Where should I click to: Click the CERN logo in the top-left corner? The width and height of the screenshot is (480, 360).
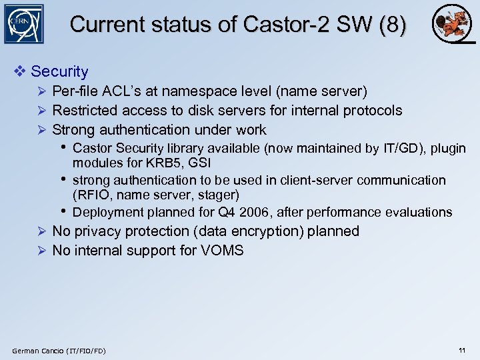23,24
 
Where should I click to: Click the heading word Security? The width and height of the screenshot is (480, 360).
59,71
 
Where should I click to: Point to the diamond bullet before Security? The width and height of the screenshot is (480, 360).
21,71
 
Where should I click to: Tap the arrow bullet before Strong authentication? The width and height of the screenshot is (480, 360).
41,130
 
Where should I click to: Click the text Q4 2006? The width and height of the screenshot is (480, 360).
243,213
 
